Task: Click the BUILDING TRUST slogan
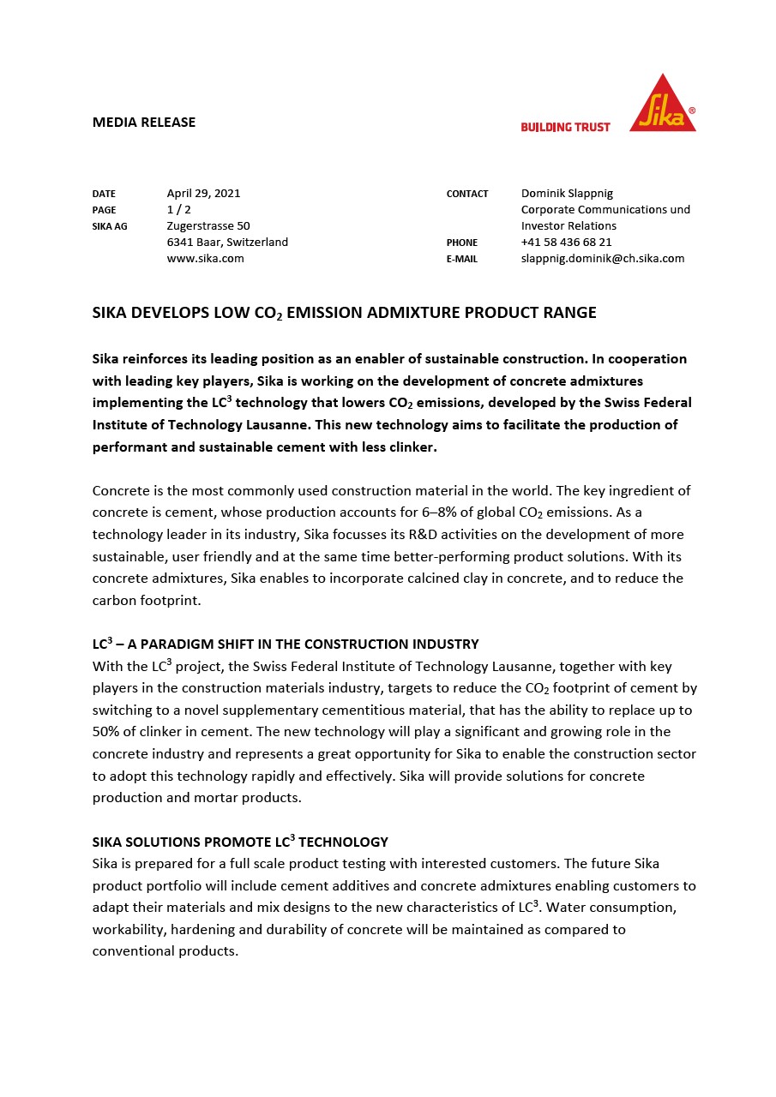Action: pos(565,127)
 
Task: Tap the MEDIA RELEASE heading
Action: pos(144,122)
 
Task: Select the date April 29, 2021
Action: pos(203,193)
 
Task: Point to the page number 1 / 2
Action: pos(178,209)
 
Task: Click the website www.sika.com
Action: pos(205,258)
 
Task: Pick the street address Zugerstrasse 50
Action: pos(208,225)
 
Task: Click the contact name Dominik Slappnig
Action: pos(567,193)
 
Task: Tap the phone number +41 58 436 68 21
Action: pos(566,242)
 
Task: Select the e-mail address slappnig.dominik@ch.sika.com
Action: pos(603,258)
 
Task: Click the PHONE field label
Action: pos(462,243)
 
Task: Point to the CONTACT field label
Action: pos(467,194)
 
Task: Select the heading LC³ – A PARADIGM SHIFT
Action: pos(286,644)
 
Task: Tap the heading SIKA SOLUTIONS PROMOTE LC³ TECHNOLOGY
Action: pos(240,842)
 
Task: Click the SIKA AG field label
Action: pos(110,226)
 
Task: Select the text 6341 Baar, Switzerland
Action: pos(227,242)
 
